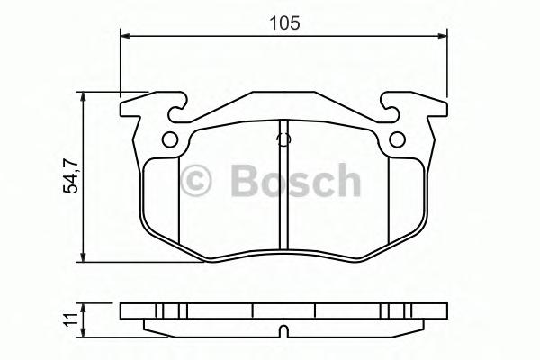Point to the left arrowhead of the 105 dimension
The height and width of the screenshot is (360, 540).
126,37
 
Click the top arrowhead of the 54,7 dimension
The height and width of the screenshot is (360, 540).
84,96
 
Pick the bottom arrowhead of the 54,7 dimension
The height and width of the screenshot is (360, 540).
84,254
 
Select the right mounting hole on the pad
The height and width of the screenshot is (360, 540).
397,139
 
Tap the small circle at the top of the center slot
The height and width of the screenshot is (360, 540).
283,139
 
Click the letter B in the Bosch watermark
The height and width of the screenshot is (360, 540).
244,182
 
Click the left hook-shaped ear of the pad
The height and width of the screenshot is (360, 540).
144,109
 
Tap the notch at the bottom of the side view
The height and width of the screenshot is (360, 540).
283,328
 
